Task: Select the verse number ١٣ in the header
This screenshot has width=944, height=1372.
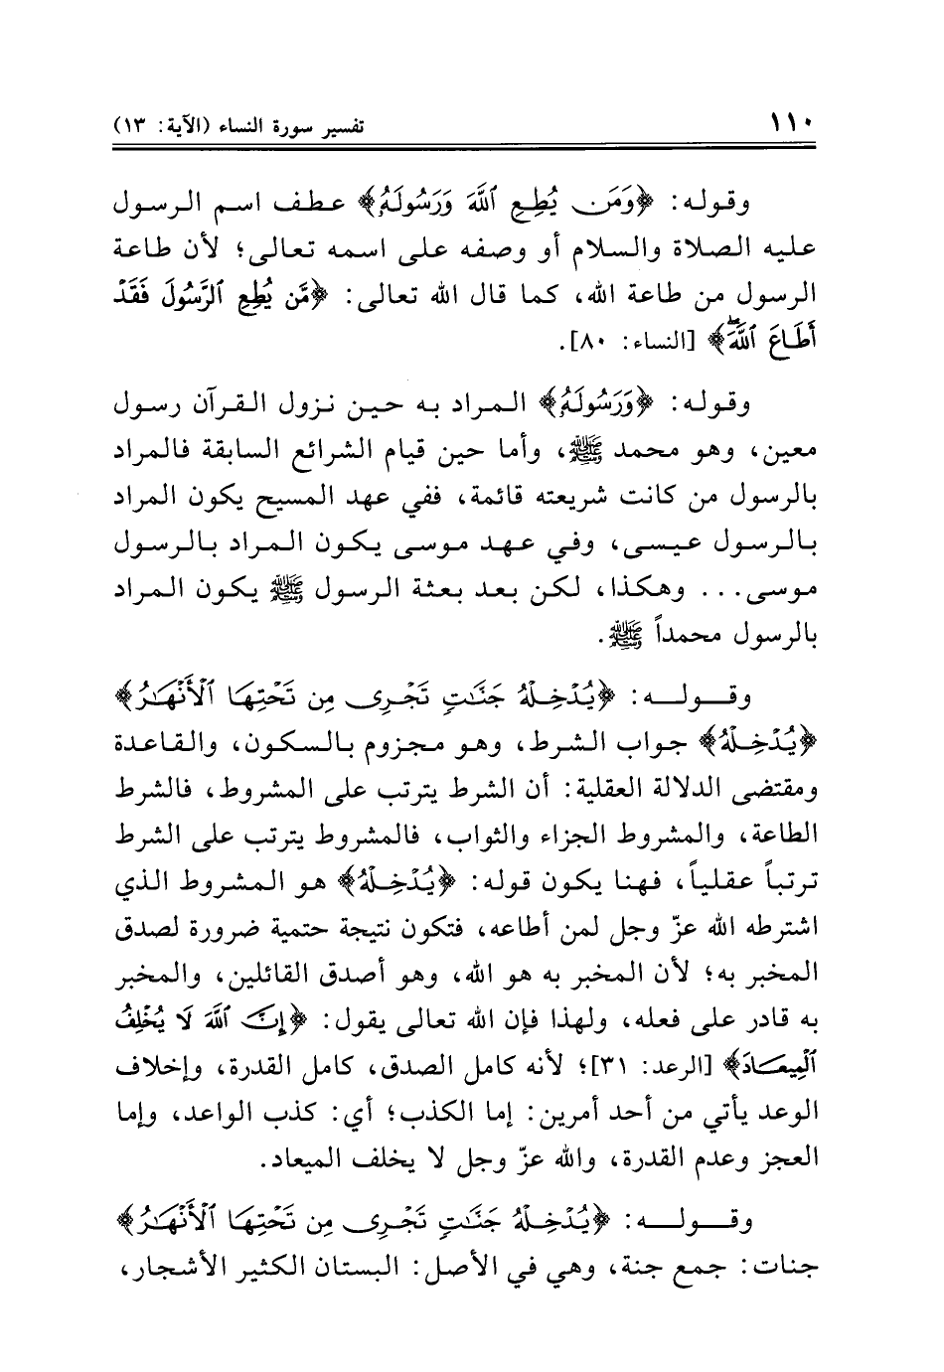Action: point(135,130)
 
